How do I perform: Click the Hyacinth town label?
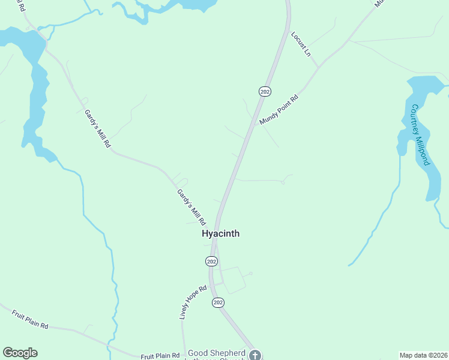click(220, 233)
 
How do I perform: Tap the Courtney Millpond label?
click(420, 135)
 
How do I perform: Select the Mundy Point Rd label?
click(279, 110)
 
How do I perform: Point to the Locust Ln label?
click(301, 44)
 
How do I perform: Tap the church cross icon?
click(255, 355)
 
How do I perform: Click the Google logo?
click(20, 353)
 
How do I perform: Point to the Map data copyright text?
click(423, 355)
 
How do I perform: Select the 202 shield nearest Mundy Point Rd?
click(265, 91)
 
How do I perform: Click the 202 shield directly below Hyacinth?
click(211, 261)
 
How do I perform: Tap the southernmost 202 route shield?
click(218, 303)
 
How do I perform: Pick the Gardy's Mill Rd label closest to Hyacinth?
click(191, 207)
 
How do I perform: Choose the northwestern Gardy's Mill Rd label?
click(98, 129)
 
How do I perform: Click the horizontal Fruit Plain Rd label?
click(160, 356)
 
